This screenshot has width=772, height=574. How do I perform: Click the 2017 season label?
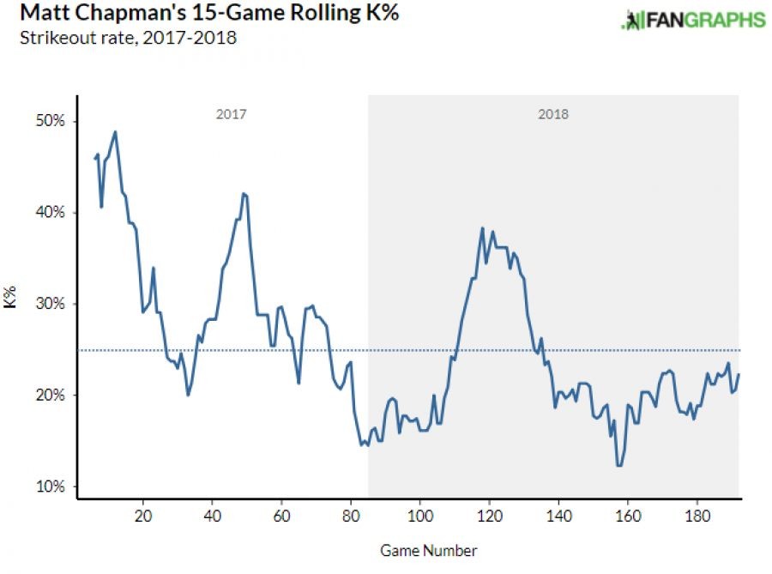pyautogui.click(x=231, y=114)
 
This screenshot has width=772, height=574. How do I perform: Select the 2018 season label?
pyautogui.click(x=553, y=114)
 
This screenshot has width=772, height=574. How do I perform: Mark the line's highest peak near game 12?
pyautogui.click(x=115, y=131)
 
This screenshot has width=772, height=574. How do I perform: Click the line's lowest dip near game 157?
pyautogui.click(x=618, y=466)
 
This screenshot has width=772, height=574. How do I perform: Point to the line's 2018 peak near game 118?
pyautogui.click(x=483, y=228)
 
